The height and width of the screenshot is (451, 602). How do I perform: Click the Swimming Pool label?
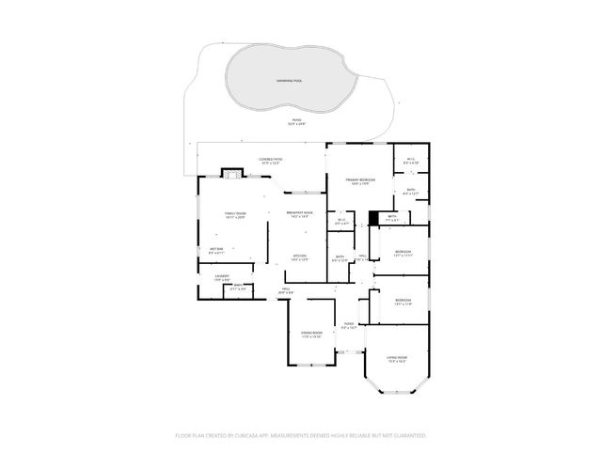click(290, 81)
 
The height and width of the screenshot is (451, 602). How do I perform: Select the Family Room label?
click(235, 214)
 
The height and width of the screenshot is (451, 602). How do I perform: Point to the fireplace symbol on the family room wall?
click(230, 173)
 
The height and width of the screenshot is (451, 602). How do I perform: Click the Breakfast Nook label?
click(300, 213)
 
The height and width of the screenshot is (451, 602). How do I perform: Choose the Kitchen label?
click(300, 256)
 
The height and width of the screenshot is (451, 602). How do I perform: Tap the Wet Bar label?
click(216, 249)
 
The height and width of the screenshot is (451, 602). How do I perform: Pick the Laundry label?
click(221, 276)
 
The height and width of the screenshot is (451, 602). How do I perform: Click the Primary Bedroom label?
click(359, 179)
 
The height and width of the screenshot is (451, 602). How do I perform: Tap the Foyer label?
click(348, 324)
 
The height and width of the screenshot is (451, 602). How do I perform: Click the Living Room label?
click(398, 357)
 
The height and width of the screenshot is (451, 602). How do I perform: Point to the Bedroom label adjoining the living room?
click(403, 300)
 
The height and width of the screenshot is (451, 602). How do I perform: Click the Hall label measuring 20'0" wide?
click(286, 289)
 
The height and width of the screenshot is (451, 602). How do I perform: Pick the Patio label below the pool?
click(296, 120)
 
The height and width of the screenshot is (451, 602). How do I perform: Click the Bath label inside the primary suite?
click(411, 191)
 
